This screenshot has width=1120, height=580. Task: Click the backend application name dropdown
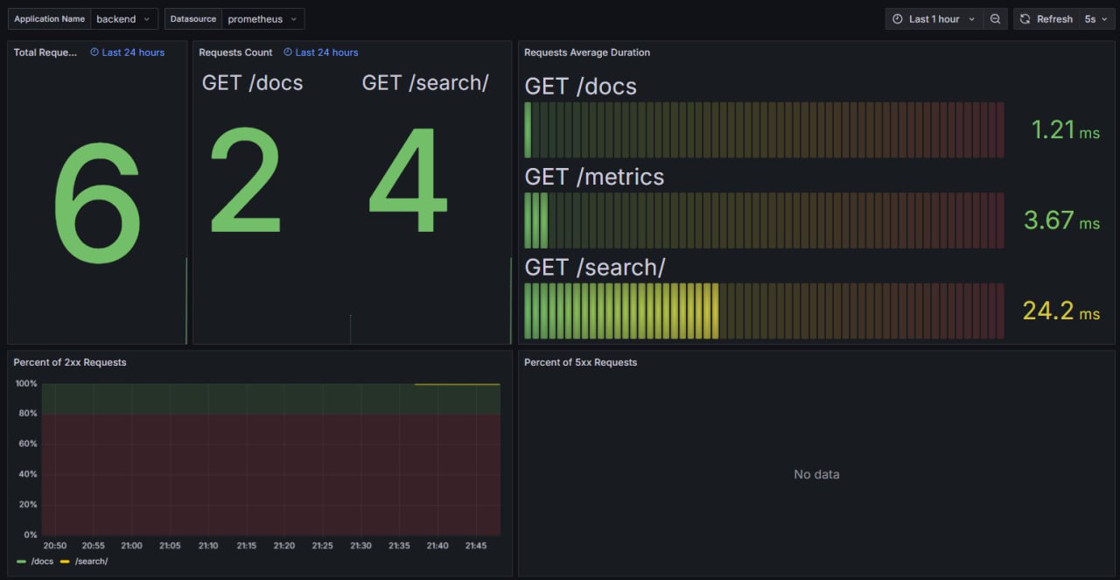coord(122,19)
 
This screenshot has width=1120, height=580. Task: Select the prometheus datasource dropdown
coord(262,19)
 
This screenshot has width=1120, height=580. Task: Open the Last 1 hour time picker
coord(934,19)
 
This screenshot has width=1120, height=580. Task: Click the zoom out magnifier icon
coord(995,19)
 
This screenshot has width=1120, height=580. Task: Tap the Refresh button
coord(1046,19)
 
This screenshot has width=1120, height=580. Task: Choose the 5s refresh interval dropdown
coord(1095,19)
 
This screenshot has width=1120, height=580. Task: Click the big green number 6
coord(97,204)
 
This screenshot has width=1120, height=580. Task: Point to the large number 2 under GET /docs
coord(246,182)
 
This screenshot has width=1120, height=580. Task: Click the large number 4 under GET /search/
coord(408,182)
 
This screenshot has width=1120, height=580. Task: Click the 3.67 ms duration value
coord(1060,220)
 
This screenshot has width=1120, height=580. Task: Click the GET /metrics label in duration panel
coord(594,177)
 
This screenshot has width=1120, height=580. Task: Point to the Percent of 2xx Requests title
coord(70,362)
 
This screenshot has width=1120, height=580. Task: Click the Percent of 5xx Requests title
coord(580,362)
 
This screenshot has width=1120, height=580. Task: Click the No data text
coord(816,474)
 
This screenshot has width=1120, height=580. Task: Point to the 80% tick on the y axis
coord(27,414)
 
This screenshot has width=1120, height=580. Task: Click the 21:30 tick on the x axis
coord(360,546)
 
